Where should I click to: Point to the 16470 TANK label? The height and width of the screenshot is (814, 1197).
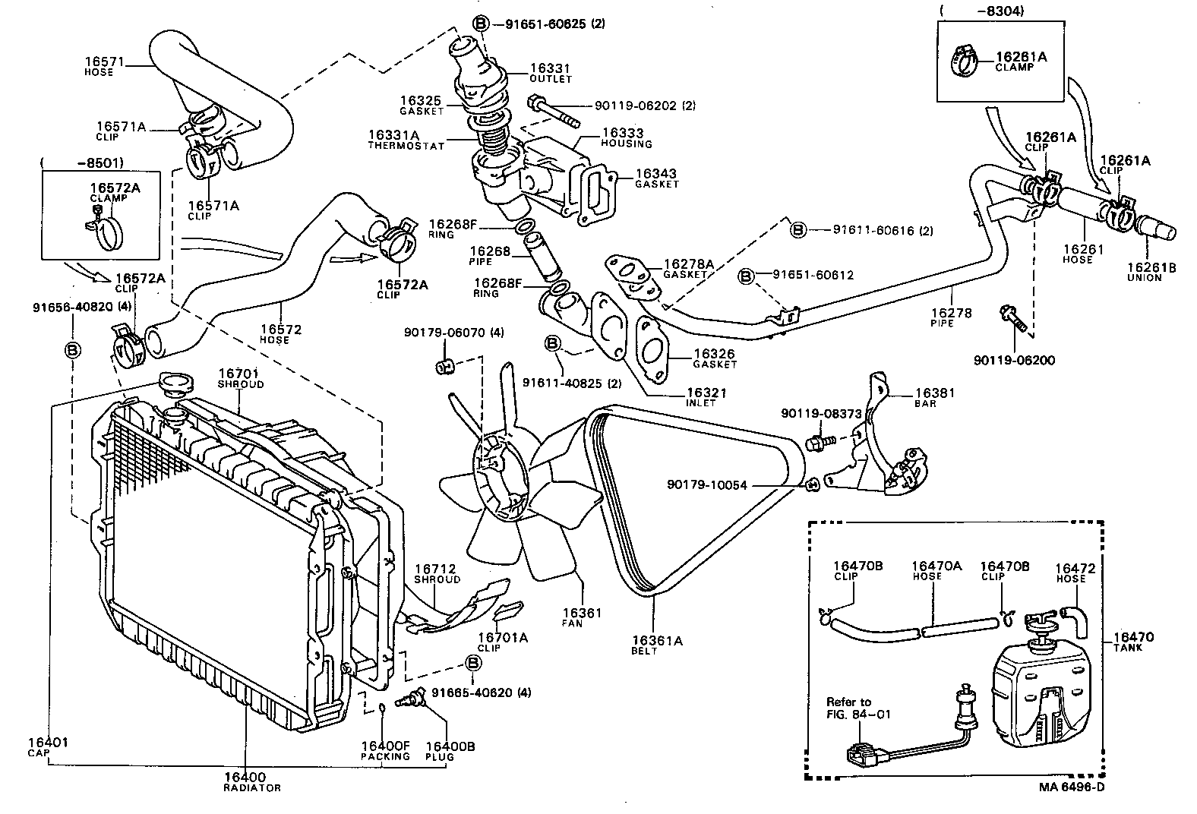1133,642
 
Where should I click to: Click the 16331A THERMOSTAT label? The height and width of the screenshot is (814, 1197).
406,140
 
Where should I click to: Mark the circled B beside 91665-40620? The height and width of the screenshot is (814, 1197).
472,663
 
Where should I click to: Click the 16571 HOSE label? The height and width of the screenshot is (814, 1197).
105,67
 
